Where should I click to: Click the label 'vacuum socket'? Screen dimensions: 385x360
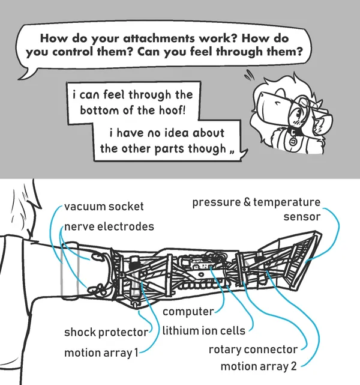click(104, 207)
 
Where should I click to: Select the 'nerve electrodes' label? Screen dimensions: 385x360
click(109, 226)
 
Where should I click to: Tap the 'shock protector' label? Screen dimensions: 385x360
click(106, 332)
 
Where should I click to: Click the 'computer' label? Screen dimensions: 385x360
click(188, 312)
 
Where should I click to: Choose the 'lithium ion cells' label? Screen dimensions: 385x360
click(203, 330)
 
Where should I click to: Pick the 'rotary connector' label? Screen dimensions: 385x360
click(253, 349)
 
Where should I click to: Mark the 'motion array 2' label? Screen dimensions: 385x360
click(259, 366)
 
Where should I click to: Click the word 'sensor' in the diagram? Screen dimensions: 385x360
click(302, 216)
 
